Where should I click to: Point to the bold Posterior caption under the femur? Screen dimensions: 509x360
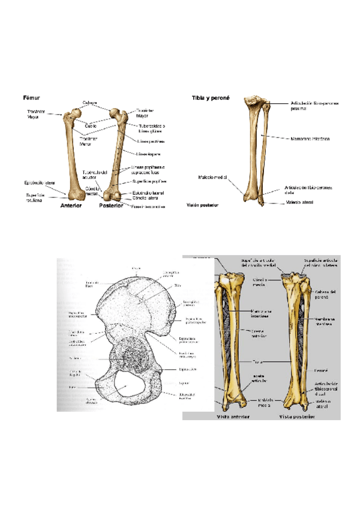[x=111, y=205]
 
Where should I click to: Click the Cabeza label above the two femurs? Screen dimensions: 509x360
[x=90, y=103]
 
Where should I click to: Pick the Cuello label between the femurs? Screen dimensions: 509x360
[x=90, y=126]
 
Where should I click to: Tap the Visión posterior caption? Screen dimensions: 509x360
[x=203, y=205]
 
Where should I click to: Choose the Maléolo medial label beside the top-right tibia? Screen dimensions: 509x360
[x=212, y=177]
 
